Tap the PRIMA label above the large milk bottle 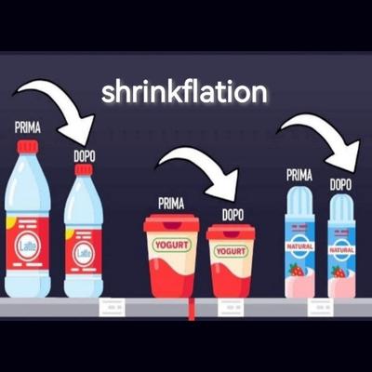point(28,127)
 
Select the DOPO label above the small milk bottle point(85,156)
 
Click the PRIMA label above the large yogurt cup point(171,204)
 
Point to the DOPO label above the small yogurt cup point(232,215)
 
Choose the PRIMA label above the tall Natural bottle point(299,176)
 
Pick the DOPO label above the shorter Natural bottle point(340,185)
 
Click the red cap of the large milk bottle point(28,147)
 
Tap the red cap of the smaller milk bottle point(84,169)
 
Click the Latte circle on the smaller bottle point(83,254)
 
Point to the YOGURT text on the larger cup point(172,246)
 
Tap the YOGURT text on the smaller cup point(231,251)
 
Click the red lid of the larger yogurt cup point(171,222)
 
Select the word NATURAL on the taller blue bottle point(299,246)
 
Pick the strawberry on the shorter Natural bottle point(339,272)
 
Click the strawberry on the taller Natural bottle point(297,270)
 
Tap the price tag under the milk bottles point(112,307)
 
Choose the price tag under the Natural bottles point(320,308)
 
